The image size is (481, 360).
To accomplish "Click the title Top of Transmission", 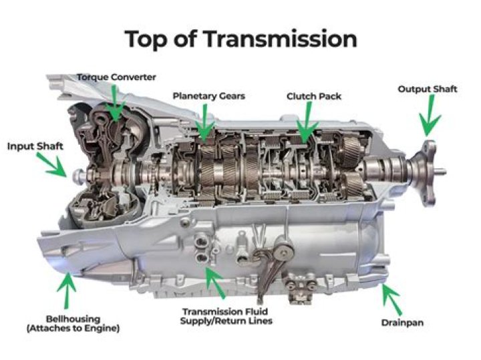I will (240, 39).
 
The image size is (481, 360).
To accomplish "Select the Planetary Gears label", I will (208, 96).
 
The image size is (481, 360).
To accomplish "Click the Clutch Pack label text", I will (314, 96).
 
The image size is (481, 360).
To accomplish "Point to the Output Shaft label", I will (428, 89).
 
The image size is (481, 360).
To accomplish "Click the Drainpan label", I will (414, 322).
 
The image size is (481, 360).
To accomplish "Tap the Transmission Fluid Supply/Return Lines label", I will (226, 316).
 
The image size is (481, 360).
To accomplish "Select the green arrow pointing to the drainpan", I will (391, 299).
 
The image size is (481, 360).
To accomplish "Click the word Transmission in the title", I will (284, 39).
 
